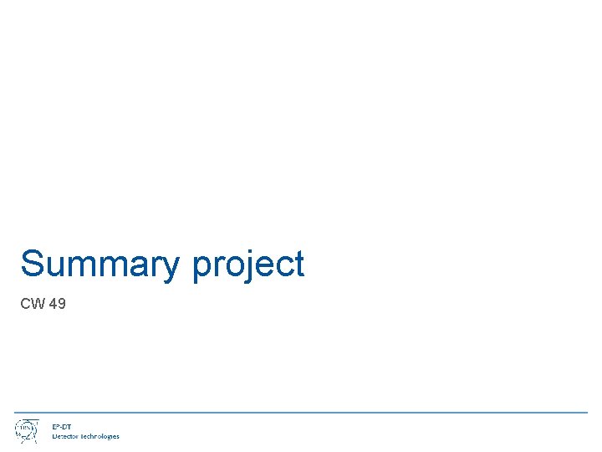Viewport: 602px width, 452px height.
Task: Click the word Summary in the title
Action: pos(99,265)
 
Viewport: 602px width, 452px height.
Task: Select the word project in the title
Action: pos(248,265)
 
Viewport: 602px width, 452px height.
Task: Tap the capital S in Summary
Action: pos(32,264)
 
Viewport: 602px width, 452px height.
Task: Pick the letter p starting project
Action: pos(202,268)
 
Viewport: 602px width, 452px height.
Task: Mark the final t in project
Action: pos(298,265)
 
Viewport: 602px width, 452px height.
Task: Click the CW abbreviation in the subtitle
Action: pos(33,304)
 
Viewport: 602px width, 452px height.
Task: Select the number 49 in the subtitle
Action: pos(58,304)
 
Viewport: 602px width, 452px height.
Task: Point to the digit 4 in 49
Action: pos(54,304)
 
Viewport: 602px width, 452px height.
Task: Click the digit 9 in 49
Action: pos(62,304)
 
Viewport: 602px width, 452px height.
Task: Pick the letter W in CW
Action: pos(38,304)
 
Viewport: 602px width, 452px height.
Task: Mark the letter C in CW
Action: pos(26,304)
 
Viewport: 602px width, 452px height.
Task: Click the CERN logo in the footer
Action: pos(25,430)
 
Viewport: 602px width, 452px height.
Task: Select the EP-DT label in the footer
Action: pos(62,427)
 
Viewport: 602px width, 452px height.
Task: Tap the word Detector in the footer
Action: pos(66,436)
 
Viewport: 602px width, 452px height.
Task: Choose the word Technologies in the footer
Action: pos(100,436)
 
